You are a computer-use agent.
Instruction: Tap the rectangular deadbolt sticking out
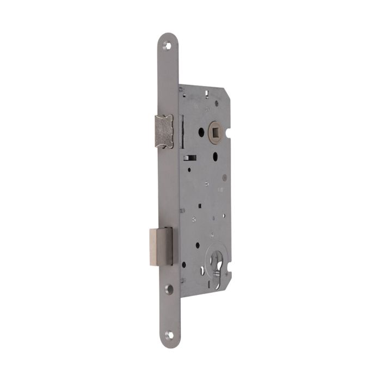(161, 246)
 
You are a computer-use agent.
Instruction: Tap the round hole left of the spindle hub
(201, 131)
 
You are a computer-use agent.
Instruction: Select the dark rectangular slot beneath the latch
(190, 158)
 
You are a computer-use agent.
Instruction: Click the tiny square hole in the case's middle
(201, 206)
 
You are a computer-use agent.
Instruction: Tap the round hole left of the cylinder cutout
(184, 265)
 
